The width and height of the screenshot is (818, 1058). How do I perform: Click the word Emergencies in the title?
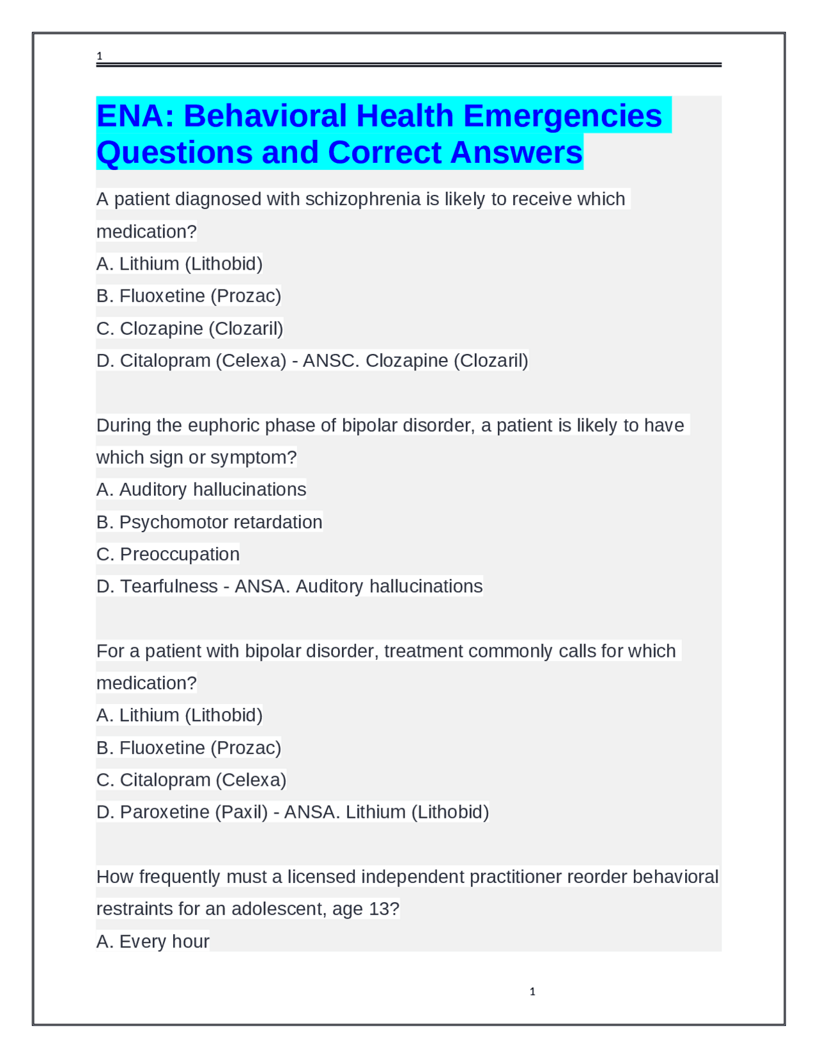[562, 116]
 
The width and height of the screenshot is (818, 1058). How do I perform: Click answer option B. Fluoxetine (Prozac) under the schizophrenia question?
[189, 296]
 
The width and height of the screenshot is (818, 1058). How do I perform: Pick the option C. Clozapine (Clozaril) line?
[190, 328]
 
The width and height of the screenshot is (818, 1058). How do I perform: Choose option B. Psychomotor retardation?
[209, 522]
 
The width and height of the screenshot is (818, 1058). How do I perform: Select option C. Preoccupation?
[168, 554]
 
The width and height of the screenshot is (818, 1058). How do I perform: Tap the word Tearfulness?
[169, 586]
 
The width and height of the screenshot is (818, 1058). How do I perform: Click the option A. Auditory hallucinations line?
[201, 489]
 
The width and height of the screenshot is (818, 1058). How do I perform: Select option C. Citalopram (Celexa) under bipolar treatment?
[191, 780]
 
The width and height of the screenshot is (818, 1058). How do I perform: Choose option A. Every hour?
[153, 942]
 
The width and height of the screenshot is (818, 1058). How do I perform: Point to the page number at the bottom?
[532, 992]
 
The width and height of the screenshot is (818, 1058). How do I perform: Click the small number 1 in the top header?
[99, 56]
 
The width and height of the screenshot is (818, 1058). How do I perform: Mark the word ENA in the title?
[135, 116]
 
